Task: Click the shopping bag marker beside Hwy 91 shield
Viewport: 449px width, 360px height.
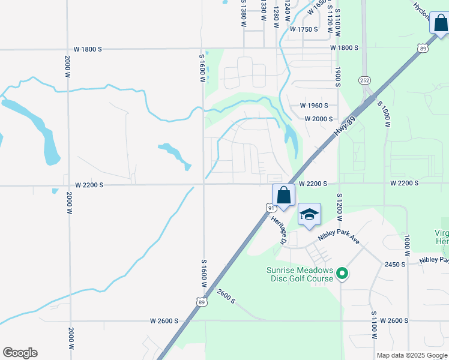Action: pyautogui.click(x=283, y=196)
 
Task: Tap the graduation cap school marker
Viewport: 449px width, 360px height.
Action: pyautogui.click(x=309, y=215)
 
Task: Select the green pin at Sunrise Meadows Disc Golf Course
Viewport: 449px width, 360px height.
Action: pyautogui.click(x=342, y=274)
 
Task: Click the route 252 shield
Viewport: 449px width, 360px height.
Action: pyautogui.click(x=364, y=80)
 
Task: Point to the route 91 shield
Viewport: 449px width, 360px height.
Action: pyautogui.click(x=270, y=208)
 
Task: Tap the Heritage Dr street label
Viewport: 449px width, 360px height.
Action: pyautogui.click(x=279, y=230)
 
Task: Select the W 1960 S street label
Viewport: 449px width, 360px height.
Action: pyautogui.click(x=314, y=106)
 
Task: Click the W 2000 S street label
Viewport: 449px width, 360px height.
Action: pyautogui.click(x=318, y=119)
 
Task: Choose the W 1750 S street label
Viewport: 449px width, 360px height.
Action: pyautogui.click(x=304, y=29)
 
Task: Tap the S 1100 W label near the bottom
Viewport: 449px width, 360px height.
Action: pyautogui.click(x=373, y=326)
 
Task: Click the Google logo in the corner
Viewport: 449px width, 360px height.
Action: pyautogui.click(x=20, y=353)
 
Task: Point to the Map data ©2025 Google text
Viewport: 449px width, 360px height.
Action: pyautogui.click(x=411, y=355)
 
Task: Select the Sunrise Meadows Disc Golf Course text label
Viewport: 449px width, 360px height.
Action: pyautogui.click(x=300, y=274)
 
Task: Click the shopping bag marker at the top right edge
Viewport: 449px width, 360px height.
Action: pyautogui.click(x=439, y=23)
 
